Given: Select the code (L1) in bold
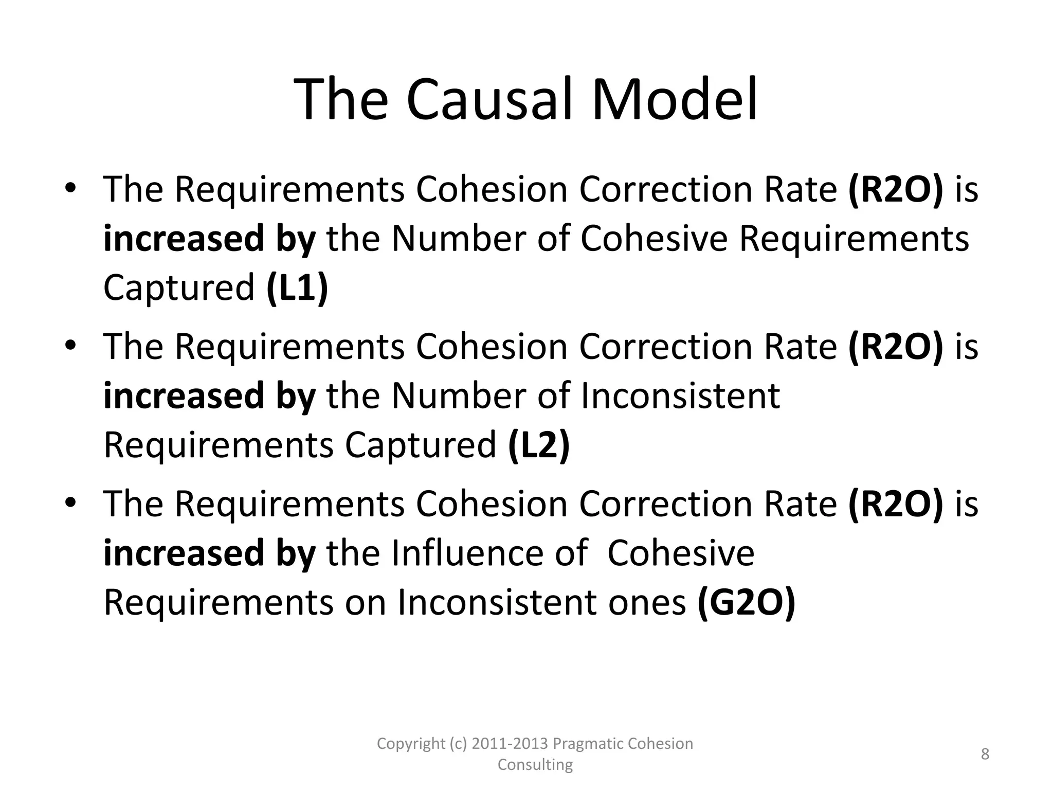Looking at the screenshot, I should click(x=297, y=288).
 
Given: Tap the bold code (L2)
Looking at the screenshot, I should click(x=539, y=445).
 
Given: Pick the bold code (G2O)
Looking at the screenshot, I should click(x=746, y=602).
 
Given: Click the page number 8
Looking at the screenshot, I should click(x=985, y=754).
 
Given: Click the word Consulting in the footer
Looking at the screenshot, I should click(x=535, y=765).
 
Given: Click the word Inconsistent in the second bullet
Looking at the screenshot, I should click(x=680, y=396).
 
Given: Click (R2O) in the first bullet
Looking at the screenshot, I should click(x=896, y=190).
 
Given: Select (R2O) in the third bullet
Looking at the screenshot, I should click(x=896, y=505).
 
